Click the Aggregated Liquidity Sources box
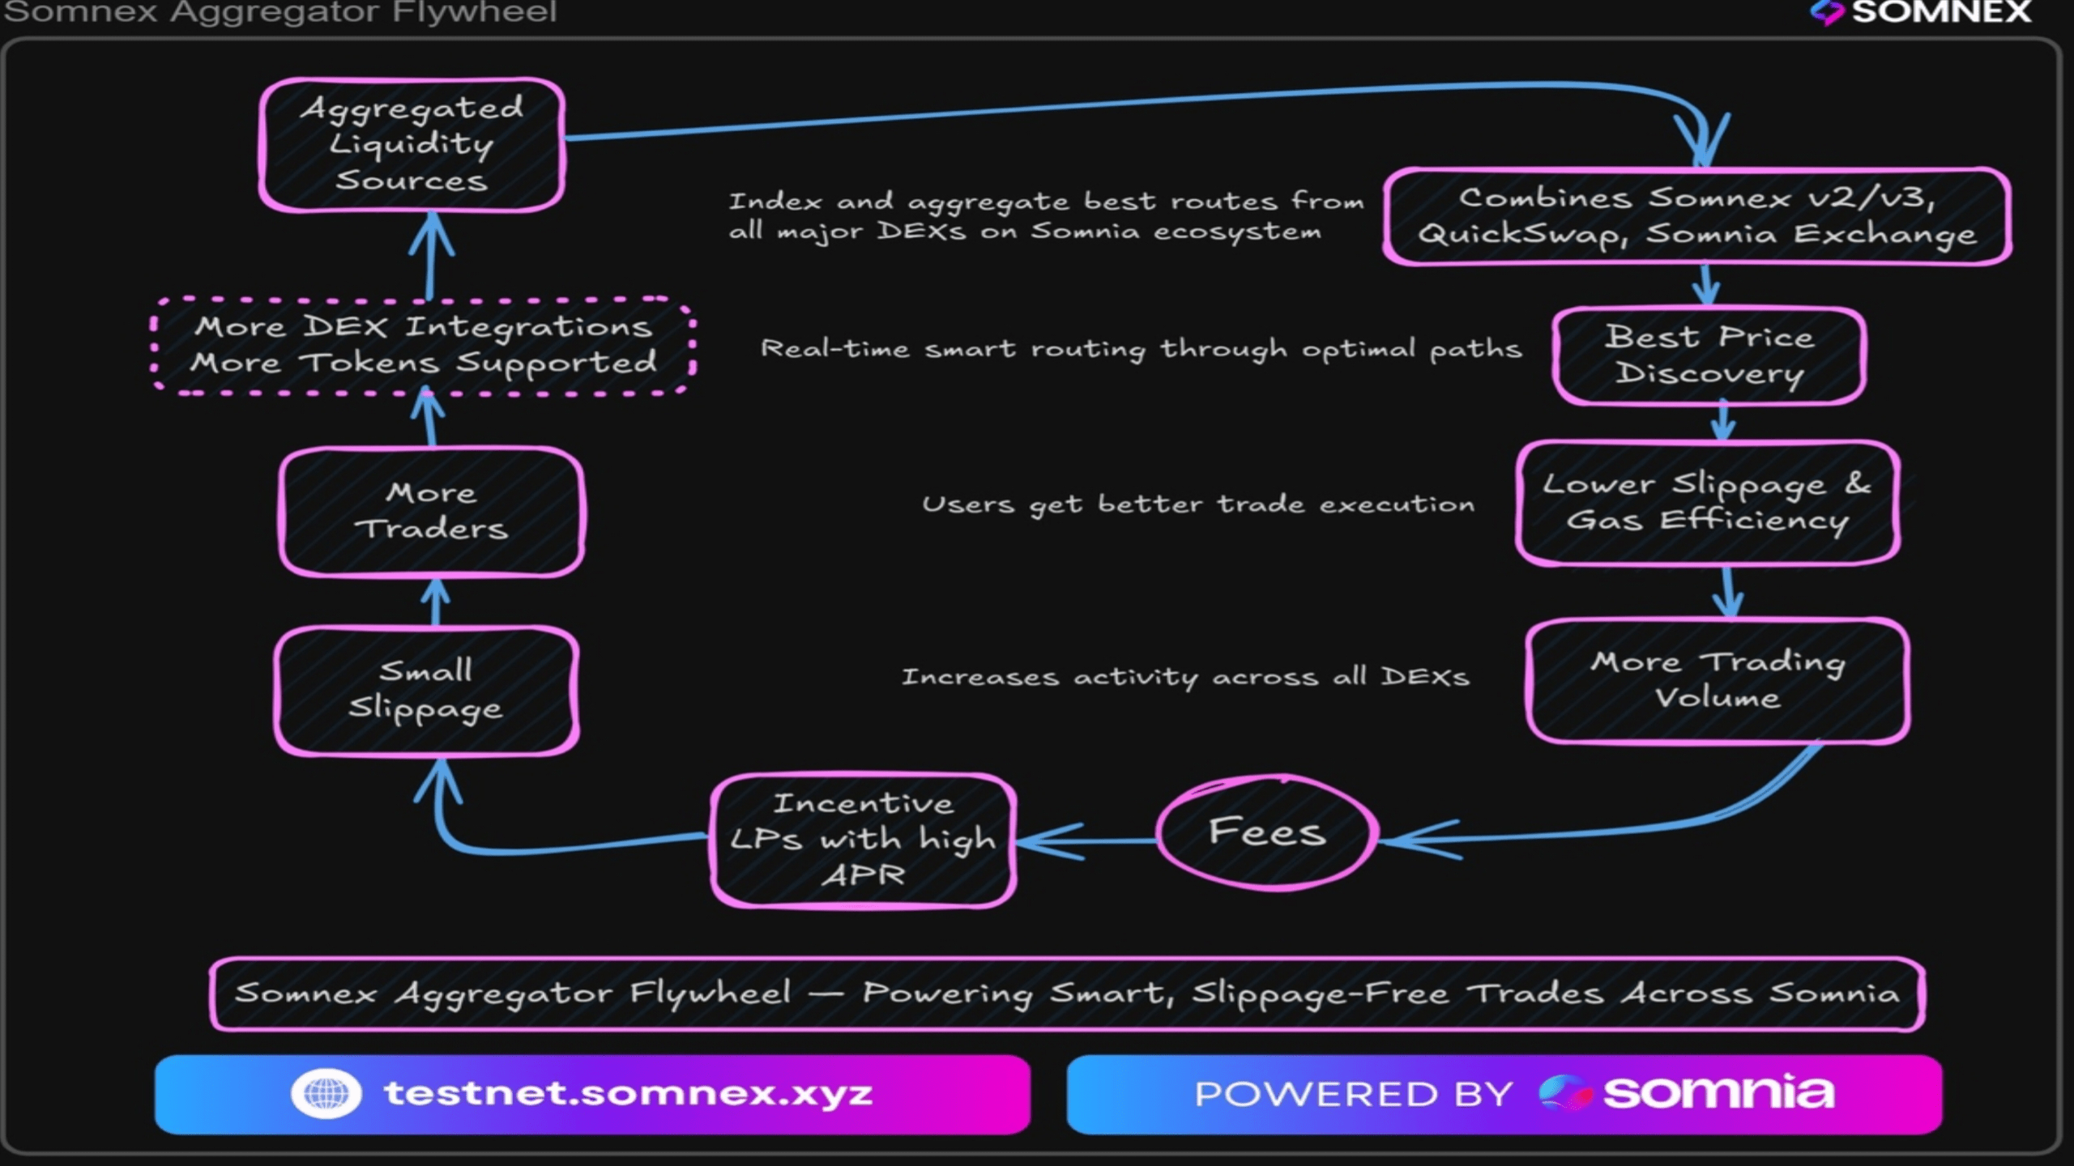(x=412, y=145)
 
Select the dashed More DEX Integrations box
(x=423, y=346)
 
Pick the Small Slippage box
(x=426, y=691)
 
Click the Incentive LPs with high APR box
(x=864, y=840)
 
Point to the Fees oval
(x=1267, y=832)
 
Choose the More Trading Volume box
(x=1718, y=680)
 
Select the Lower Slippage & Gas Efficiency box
(x=1708, y=503)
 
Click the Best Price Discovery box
(x=1709, y=355)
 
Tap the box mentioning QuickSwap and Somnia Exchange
(x=1696, y=216)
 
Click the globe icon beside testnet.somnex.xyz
(x=326, y=1093)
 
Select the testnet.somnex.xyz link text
(x=628, y=1093)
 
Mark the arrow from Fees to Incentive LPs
(x=1086, y=841)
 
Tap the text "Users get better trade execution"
(x=1197, y=504)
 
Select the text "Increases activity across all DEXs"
(x=1184, y=677)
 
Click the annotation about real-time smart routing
(x=1141, y=349)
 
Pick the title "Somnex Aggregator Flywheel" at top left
(x=280, y=12)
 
